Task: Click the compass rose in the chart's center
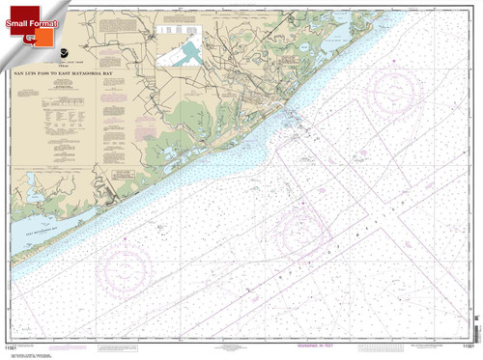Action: pyautogui.click(x=307, y=232)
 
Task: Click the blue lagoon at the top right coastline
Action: pyautogui.click(x=343, y=38)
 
